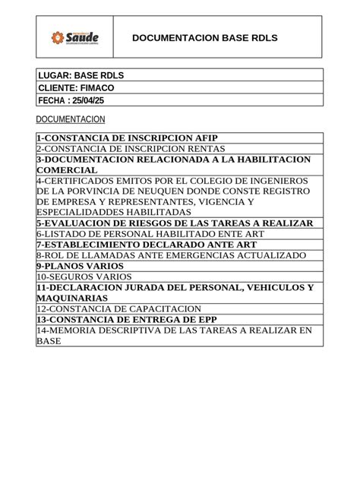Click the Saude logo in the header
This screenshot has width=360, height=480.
(x=74, y=37)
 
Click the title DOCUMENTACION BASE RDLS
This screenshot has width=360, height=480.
(x=204, y=37)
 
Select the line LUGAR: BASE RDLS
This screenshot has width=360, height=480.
(x=81, y=76)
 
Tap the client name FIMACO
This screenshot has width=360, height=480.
(x=97, y=88)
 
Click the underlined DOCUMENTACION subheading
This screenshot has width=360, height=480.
(x=71, y=120)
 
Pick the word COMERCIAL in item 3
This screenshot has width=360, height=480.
(x=68, y=170)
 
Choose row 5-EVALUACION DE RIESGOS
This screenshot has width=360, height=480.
(x=175, y=223)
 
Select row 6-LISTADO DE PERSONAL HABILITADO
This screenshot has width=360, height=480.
(x=150, y=234)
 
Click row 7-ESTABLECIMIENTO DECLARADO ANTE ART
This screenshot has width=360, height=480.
(x=147, y=245)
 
